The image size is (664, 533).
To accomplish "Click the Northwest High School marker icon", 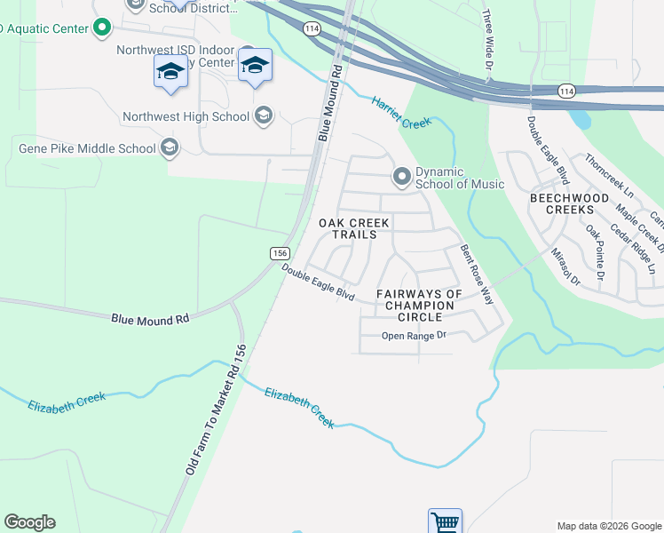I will tap(263, 115).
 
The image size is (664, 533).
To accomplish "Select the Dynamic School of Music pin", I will tap(402, 178).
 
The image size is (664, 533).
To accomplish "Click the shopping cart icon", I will tap(445, 521).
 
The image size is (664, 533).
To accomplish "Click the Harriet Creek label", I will tap(401, 112).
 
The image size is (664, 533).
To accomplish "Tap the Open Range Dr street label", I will tap(413, 335).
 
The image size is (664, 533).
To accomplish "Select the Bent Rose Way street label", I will tap(476, 275).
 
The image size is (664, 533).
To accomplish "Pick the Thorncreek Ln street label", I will tap(608, 176).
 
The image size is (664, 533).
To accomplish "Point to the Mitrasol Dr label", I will tap(565, 266).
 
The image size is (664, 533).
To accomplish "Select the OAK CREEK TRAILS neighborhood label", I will tap(353, 228).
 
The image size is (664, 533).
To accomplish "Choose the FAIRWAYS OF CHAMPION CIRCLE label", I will tap(419, 305).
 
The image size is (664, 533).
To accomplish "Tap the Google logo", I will tap(29, 522).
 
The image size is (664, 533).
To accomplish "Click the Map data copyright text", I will tap(608, 526).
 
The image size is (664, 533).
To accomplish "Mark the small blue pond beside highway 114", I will tap(580, 117).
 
